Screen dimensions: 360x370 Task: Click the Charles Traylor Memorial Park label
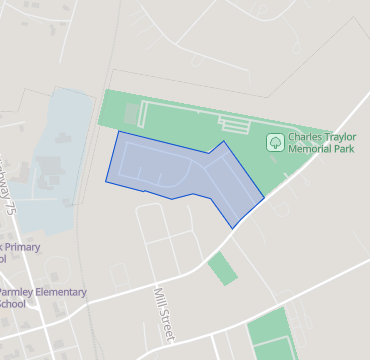click(x=321, y=142)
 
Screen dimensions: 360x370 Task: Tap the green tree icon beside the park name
click(x=274, y=143)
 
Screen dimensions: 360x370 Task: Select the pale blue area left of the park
click(x=60, y=150)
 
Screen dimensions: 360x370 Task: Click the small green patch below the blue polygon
click(x=223, y=268)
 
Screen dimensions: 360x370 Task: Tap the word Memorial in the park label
click(x=312, y=148)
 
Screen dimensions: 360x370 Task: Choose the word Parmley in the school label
click(x=18, y=293)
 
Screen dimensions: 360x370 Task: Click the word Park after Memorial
click(x=346, y=148)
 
